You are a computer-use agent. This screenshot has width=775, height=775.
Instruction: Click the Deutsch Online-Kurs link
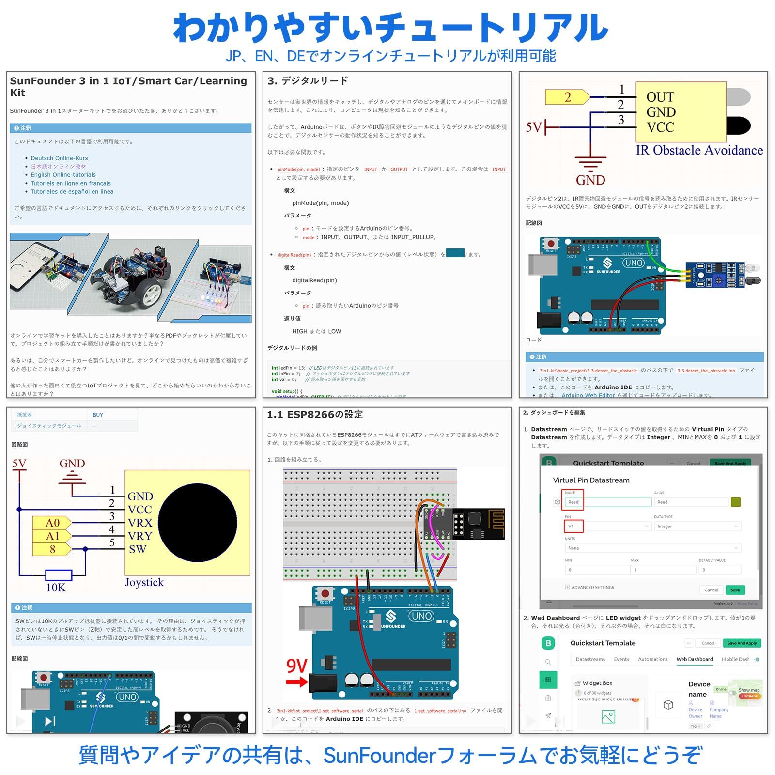(x=59, y=158)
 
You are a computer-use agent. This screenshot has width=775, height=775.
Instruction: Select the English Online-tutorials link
(x=63, y=175)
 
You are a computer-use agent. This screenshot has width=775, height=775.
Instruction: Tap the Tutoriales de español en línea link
(x=72, y=192)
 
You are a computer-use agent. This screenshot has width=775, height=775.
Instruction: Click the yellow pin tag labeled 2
(x=567, y=97)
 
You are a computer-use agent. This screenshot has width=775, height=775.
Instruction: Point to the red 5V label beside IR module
(x=534, y=127)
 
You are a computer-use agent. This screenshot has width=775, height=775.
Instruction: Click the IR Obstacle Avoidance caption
(x=699, y=151)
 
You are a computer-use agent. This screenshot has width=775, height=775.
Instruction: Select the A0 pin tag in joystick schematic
(x=52, y=523)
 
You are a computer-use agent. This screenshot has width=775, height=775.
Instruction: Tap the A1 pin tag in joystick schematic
(x=52, y=536)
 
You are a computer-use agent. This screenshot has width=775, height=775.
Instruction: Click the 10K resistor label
(x=56, y=588)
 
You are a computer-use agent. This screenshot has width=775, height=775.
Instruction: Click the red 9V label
(x=296, y=666)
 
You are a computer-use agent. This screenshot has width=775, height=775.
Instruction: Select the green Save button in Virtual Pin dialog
(x=735, y=590)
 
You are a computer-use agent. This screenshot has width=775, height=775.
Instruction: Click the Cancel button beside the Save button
(x=711, y=590)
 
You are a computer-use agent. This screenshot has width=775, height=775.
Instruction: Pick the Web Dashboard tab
(x=694, y=659)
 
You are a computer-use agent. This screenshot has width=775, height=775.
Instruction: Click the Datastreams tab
(x=590, y=659)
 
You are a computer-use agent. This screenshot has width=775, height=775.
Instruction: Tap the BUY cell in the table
(x=98, y=415)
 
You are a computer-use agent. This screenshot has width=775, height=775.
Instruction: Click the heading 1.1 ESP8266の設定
(x=315, y=415)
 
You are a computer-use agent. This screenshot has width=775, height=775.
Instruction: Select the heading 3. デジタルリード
(x=308, y=81)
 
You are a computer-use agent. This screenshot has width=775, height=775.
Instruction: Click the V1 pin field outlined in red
(x=573, y=526)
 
